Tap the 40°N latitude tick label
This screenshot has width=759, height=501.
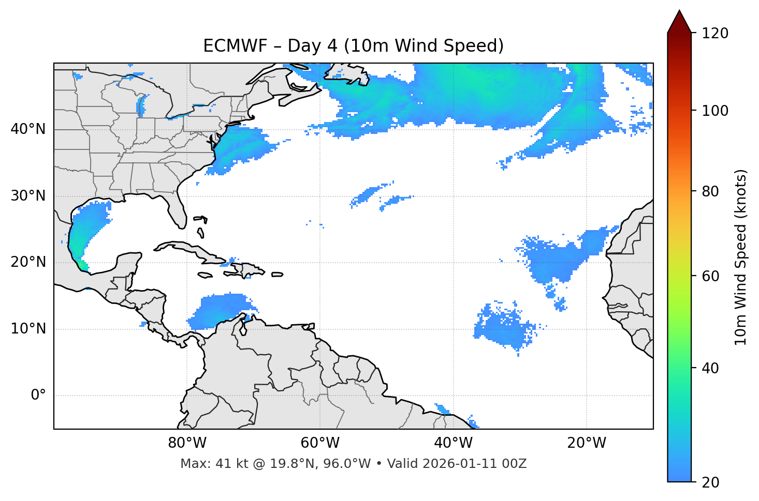pyautogui.click(x=28, y=129)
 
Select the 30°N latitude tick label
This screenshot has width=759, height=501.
pyautogui.click(x=28, y=196)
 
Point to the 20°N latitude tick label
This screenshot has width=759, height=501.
pyautogui.click(x=28, y=262)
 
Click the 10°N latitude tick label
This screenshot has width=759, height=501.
pyautogui.click(x=28, y=329)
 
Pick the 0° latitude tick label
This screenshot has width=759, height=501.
pyautogui.click(x=38, y=396)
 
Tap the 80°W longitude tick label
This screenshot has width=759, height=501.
pyautogui.click(x=187, y=443)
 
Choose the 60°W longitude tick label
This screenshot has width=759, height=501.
pyautogui.click(x=320, y=443)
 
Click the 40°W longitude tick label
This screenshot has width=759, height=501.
pyautogui.click(x=453, y=443)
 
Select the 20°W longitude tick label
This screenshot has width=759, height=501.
pyautogui.click(x=586, y=443)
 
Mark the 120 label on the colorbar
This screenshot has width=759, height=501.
pyautogui.click(x=715, y=33)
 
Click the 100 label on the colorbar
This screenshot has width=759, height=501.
pyautogui.click(x=715, y=111)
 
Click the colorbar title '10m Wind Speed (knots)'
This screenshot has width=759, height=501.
pyautogui.click(x=741, y=257)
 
